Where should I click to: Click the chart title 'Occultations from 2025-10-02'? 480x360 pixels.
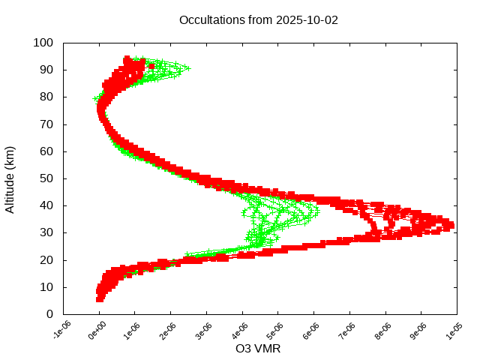[x=258, y=20]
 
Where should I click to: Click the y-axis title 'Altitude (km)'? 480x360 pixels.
[x=10, y=179]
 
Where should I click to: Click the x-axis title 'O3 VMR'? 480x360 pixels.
[x=258, y=348]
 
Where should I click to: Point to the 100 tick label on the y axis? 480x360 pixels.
[x=43, y=43]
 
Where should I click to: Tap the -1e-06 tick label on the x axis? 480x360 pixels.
[x=62, y=331]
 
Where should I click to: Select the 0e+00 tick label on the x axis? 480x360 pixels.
[x=98, y=331]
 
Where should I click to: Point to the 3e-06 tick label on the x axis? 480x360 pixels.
[x=205, y=331]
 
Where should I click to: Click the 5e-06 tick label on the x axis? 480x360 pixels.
[x=277, y=331]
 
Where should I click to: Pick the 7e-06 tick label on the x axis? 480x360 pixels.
[x=349, y=331]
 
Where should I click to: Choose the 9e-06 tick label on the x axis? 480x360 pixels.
[x=420, y=331]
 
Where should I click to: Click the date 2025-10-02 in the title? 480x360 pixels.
[x=307, y=20]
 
